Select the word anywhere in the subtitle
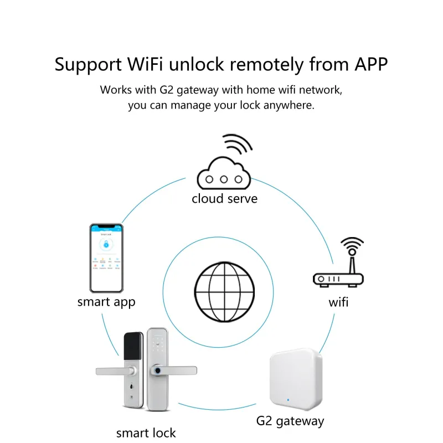(290, 105)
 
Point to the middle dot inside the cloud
(224, 179)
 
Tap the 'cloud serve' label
(224, 198)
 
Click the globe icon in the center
(225, 287)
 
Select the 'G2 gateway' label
(290, 421)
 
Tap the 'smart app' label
(106, 302)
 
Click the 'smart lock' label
(146, 432)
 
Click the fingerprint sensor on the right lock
(158, 370)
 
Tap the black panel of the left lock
(132, 347)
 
